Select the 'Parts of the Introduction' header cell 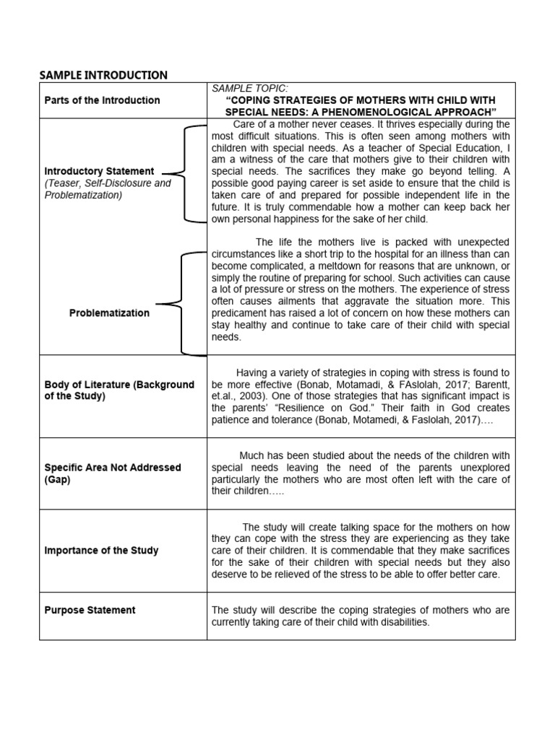pos(102,100)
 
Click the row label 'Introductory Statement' pos(99,172)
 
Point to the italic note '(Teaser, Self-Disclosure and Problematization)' pos(108,189)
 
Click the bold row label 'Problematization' pos(109,313)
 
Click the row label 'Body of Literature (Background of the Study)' pos(119,390)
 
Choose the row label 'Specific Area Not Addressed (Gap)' pos(113,473)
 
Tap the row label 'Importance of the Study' pos(101,551)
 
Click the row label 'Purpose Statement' pos(90,611)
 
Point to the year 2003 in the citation pos(254,396)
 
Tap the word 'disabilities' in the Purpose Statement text pos(402,622)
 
